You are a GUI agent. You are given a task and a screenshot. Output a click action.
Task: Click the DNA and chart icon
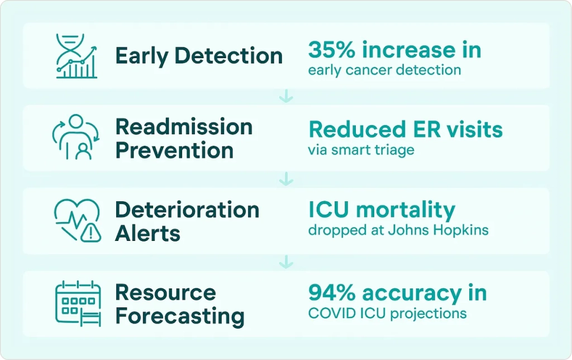(77, 56)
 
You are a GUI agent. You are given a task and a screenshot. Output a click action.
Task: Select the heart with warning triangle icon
(78, 220)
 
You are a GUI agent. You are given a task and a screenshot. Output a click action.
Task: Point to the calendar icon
(78, 304)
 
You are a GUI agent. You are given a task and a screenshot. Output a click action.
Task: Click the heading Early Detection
(199, 56)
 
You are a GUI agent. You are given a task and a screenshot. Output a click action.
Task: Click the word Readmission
(184, 127)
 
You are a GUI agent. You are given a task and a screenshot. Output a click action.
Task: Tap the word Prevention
(174, 150)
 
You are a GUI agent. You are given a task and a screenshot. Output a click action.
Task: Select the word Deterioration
(187, 210)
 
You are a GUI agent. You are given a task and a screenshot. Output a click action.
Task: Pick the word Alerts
(147, 233)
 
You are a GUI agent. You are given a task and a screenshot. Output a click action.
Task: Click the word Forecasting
(180, 316)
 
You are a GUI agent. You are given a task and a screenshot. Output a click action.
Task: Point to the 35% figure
(331, 50)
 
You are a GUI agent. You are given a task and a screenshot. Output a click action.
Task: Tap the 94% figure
(332, 293)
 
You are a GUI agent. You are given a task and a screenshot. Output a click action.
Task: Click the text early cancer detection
(384, 70)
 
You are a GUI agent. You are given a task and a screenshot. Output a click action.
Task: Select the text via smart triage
(361, 150)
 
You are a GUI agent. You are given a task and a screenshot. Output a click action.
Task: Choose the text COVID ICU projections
(388, 314)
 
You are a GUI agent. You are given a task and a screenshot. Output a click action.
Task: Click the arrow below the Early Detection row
(286, 96)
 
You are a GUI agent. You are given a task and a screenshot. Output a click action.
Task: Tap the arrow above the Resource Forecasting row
(286, 262)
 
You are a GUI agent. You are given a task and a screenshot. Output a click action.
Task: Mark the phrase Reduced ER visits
(406, 129)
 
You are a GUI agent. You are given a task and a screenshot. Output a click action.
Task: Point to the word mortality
(406, 211)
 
